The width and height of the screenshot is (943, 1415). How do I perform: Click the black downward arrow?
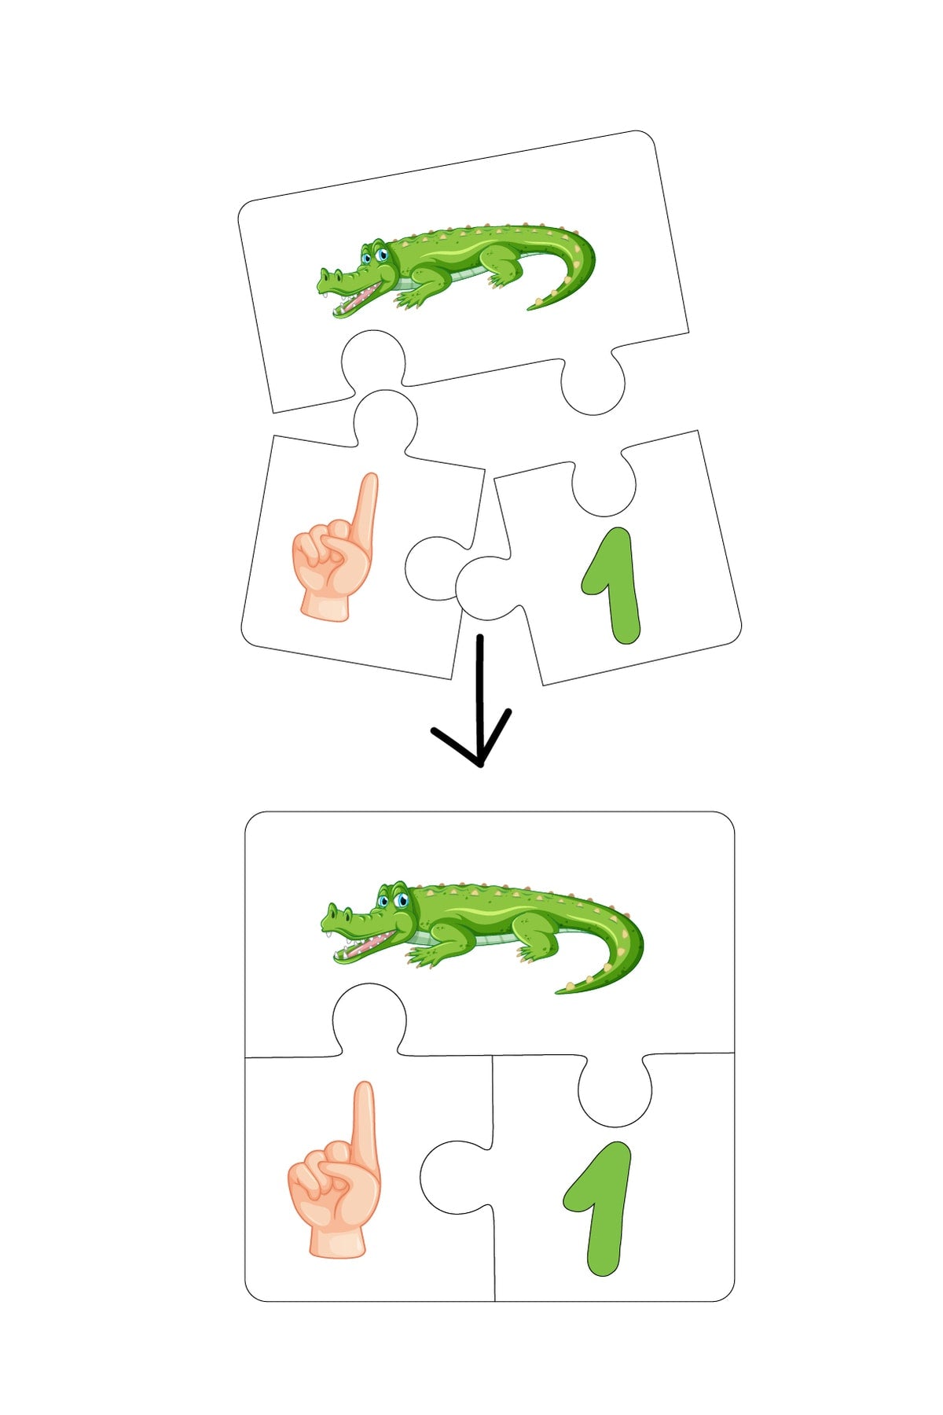tap(479, 700)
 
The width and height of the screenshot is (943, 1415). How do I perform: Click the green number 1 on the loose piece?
tap(612, 585)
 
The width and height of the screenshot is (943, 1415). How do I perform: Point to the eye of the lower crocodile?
tap(402, 899)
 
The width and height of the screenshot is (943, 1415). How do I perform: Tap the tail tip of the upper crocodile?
tap(529, 307)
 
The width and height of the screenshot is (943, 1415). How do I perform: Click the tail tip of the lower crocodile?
tap(558, 991)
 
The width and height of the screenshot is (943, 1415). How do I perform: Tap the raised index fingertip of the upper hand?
tap(369, 477)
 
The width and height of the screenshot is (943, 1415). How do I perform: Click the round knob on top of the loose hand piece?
tap(384, 420)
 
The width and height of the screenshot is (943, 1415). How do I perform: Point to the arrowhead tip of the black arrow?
tap(479, 766)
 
